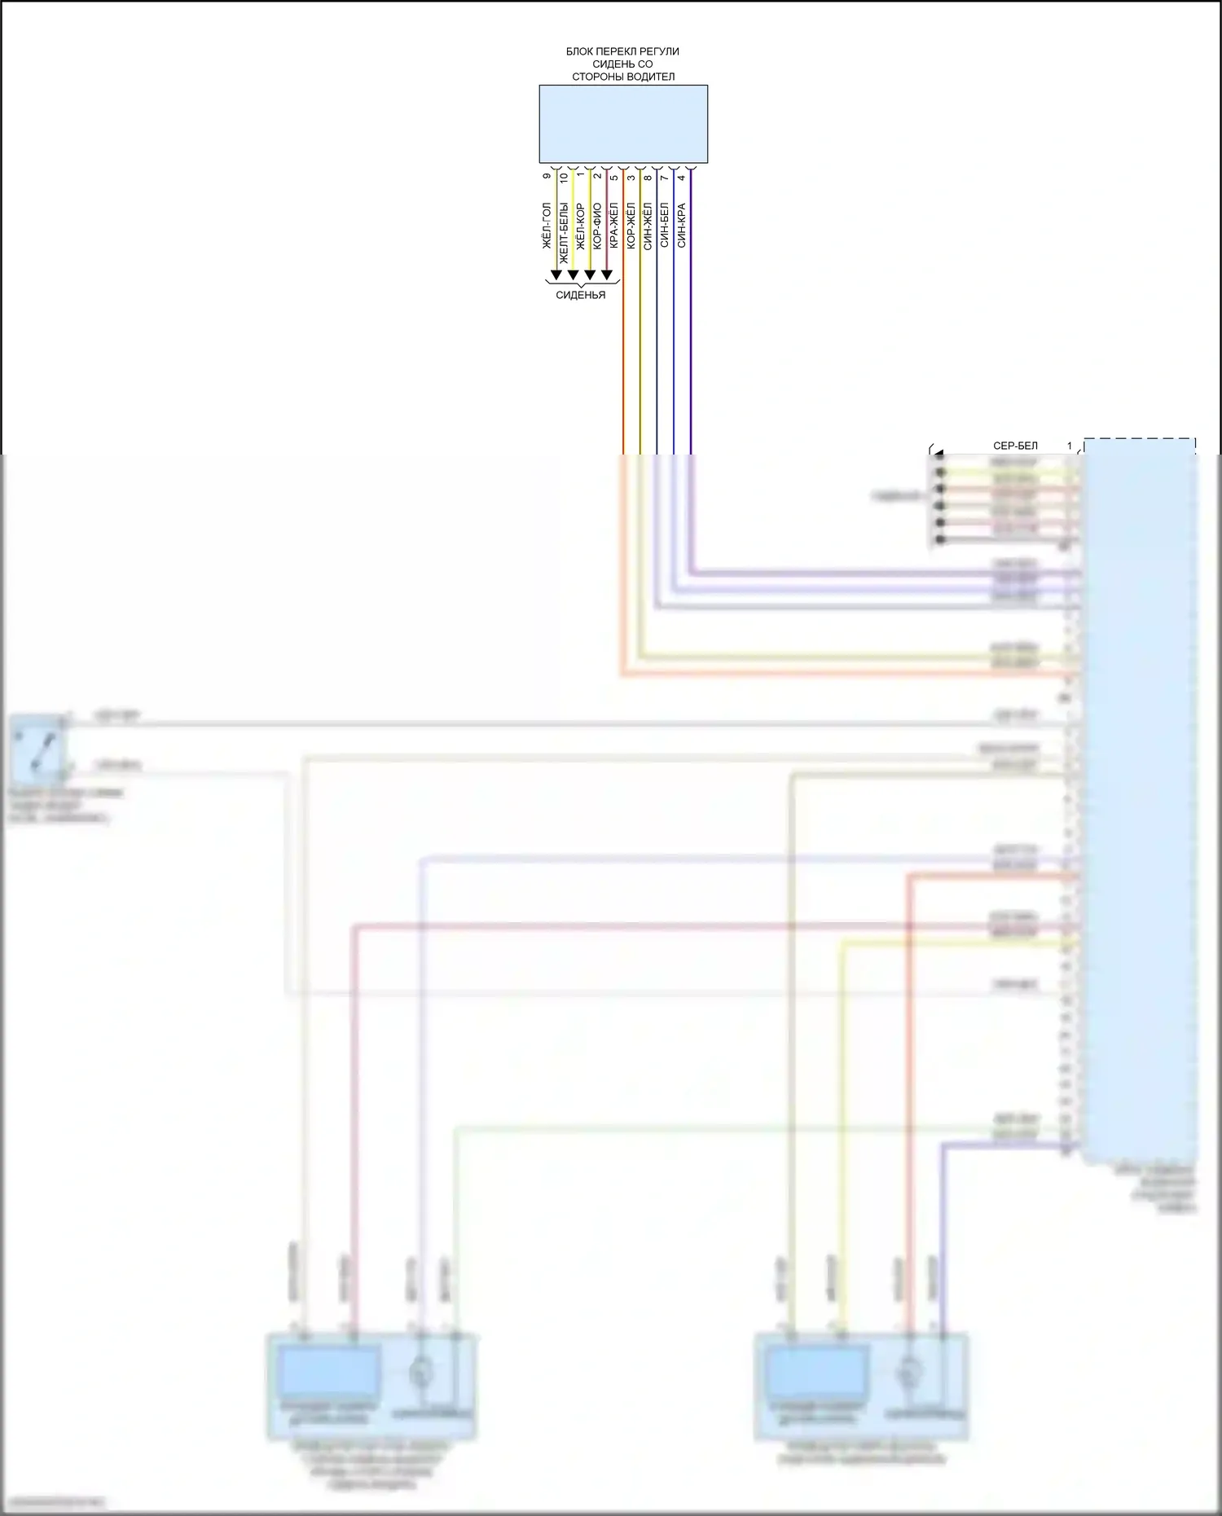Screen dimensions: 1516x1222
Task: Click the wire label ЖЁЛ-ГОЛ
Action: pos(547,226)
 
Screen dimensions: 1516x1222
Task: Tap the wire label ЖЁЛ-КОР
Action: pos(581,226)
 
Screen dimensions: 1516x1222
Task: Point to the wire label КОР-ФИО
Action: pos(597,226)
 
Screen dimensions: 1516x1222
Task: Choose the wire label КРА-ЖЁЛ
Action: pos(614,226)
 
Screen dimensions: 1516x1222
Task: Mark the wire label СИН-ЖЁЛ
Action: pos(648,226)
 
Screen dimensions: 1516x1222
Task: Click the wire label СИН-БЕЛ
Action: pos(665,225)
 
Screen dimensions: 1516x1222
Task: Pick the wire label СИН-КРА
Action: pos(682,225)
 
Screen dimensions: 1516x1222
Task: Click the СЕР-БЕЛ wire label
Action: pos(1015,446)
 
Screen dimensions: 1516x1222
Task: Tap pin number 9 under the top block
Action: pos(547,176)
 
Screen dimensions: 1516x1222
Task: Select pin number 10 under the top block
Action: pos(564,176)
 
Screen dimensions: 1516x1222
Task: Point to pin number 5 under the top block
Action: pos(614,176)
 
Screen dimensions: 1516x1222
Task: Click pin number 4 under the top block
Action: pos(682,176)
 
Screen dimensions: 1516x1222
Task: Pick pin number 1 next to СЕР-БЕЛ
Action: pos(1070,446)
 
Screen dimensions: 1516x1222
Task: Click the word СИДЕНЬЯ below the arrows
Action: pos(581,295)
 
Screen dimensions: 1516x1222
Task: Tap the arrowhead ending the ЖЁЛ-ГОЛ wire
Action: pos(556,275)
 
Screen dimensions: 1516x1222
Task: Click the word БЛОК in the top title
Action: pos(580,51)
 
